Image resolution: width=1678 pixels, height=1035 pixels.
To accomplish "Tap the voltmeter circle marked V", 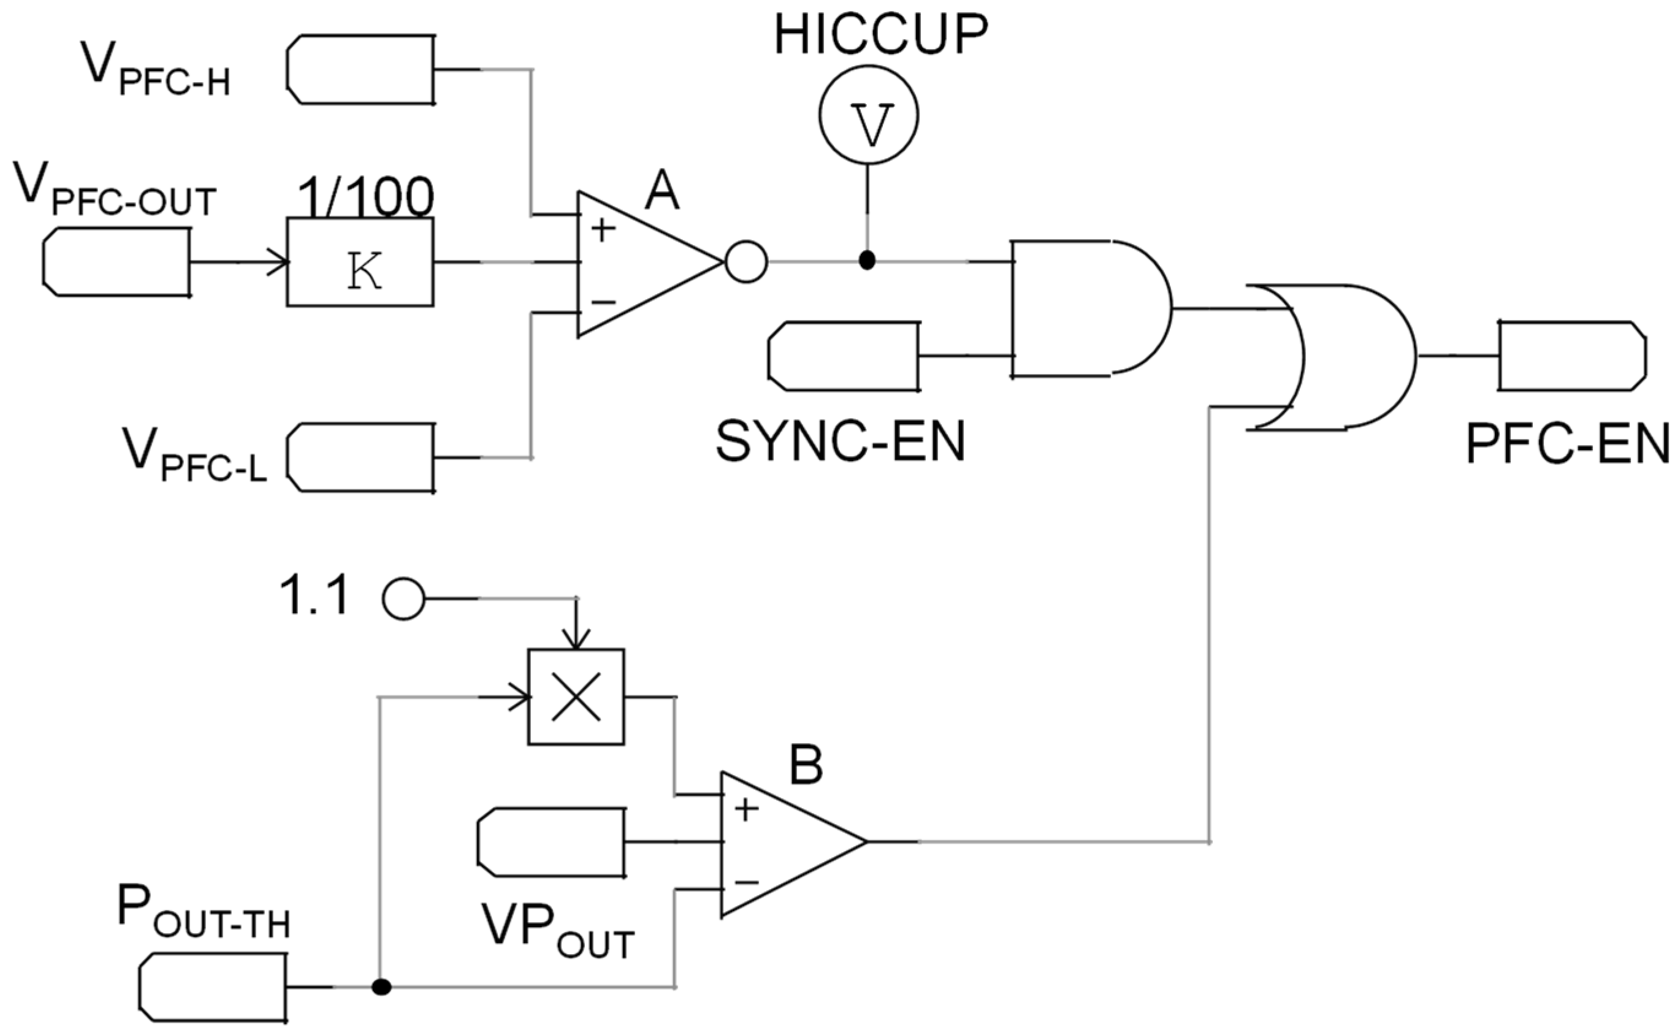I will point(868,115).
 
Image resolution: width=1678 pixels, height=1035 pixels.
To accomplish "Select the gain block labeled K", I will point(360,262).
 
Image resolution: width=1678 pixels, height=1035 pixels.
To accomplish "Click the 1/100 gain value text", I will point(365,198).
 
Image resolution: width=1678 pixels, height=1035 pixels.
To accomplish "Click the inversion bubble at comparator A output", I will point(746,261).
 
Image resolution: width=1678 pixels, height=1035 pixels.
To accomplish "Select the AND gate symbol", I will point(1088,308).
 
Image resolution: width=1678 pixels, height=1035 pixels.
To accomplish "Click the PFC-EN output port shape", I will point(1572,356).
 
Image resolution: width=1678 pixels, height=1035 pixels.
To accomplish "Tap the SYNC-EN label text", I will point(841,442).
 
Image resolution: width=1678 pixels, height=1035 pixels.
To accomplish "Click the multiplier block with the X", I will point(576,697).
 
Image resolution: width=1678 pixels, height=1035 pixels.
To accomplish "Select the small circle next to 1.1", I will point(404,599).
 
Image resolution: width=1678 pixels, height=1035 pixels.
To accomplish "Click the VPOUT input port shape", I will point(552,842).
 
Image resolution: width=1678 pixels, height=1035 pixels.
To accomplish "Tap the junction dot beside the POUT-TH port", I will point(381,987).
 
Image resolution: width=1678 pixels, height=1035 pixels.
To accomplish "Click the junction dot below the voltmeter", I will point(867,261).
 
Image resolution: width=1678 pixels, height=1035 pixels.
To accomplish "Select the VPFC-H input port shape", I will point(360,69).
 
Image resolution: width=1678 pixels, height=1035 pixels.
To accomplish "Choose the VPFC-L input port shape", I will point(360,457).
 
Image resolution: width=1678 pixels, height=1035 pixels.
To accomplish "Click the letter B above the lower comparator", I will point(806,765).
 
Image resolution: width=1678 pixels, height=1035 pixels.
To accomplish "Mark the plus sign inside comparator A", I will point(602,230).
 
